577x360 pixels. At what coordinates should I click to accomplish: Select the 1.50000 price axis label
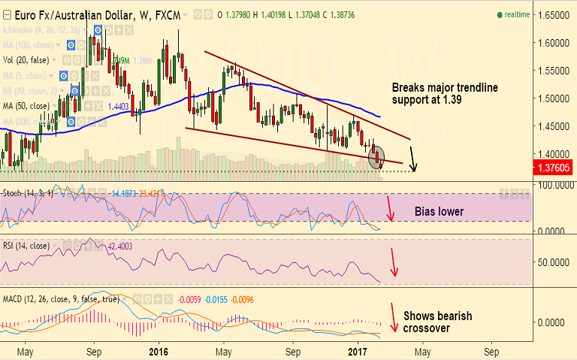point(551,98)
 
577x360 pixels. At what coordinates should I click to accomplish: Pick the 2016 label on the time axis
point(159,351)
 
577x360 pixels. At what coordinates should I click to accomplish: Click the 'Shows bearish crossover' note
point(438,322)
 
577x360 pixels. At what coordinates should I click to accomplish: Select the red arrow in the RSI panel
point(392,261)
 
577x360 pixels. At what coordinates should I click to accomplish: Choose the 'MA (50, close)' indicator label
point(27,106)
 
